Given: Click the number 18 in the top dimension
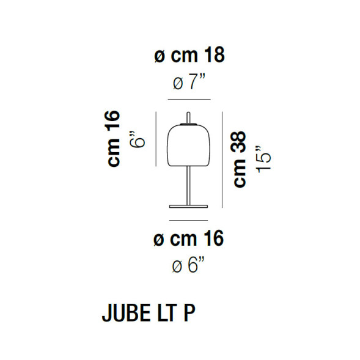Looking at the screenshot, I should pos(213,56).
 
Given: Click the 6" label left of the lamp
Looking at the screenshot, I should pos(140,139).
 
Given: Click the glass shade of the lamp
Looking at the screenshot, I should pos(189,145).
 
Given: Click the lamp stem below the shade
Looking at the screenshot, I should pos(189,183).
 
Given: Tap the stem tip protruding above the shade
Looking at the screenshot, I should pos(189,117).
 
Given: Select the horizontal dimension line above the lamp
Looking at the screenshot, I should pos(189,100).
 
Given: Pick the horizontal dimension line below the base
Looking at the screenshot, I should pos(189,217).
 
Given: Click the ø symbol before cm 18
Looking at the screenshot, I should pos(159,56).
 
